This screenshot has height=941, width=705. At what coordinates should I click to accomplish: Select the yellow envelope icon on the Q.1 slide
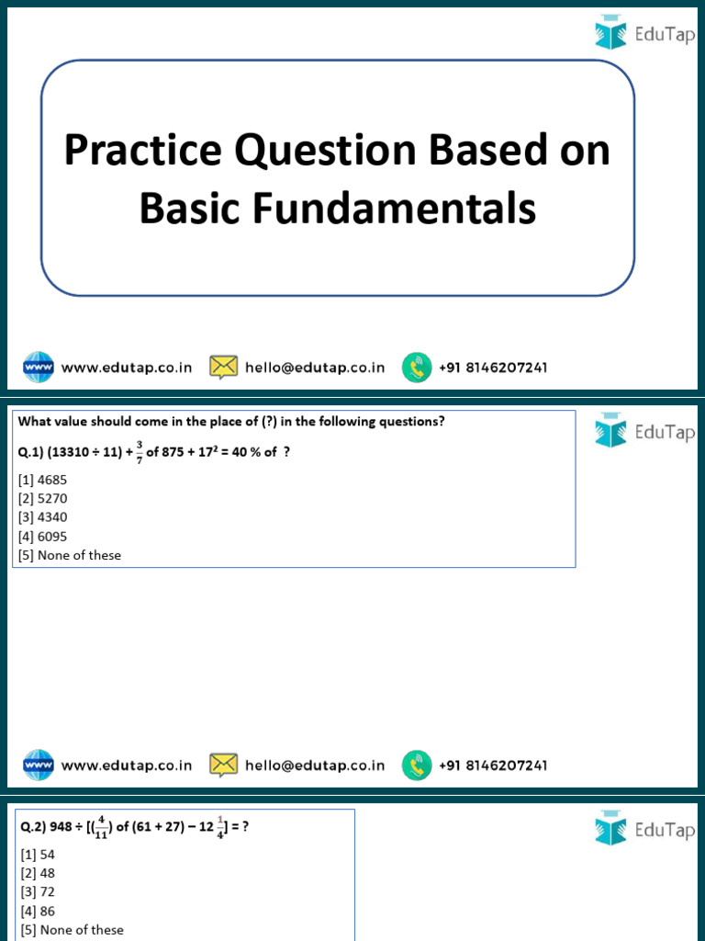click(224, 765)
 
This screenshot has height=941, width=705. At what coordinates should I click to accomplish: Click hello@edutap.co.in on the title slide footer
click(315, 368)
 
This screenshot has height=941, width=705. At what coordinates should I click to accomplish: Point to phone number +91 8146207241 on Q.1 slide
click(493, 765)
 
